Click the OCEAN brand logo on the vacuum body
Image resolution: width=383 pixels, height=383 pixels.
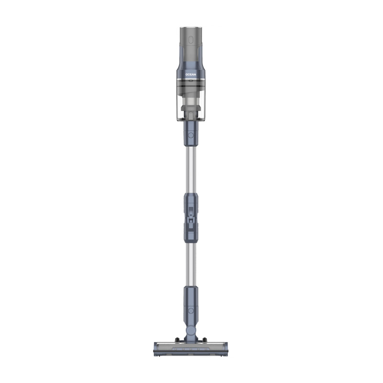(x=191, y=75)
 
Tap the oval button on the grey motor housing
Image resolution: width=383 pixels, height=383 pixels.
(x=191, y=40)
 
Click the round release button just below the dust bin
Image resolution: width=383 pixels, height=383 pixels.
(x=191, y=135)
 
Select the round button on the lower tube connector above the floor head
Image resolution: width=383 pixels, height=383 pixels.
(x=191, y=311)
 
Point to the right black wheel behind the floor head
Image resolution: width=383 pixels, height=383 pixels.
(x=204, y=339)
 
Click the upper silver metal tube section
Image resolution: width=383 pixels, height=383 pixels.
(x=191, y=169)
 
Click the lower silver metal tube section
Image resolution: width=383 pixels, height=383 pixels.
(x=191, y=265)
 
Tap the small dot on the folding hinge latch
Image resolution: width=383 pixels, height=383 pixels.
(x=191, y=215)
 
